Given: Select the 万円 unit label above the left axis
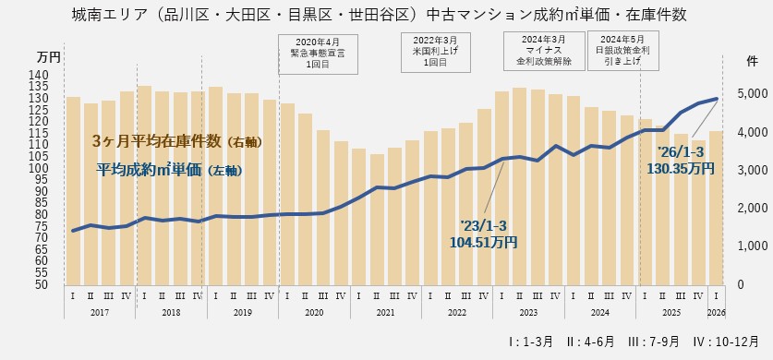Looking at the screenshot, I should pos(49,57).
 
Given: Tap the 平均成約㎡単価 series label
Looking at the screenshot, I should pos(168,170).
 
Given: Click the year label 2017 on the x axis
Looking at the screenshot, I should pos(100,312).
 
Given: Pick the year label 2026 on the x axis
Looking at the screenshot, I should pos(717,312).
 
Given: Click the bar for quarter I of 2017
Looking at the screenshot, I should pos(73,189).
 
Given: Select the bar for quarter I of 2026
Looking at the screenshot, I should pos(717,207).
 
